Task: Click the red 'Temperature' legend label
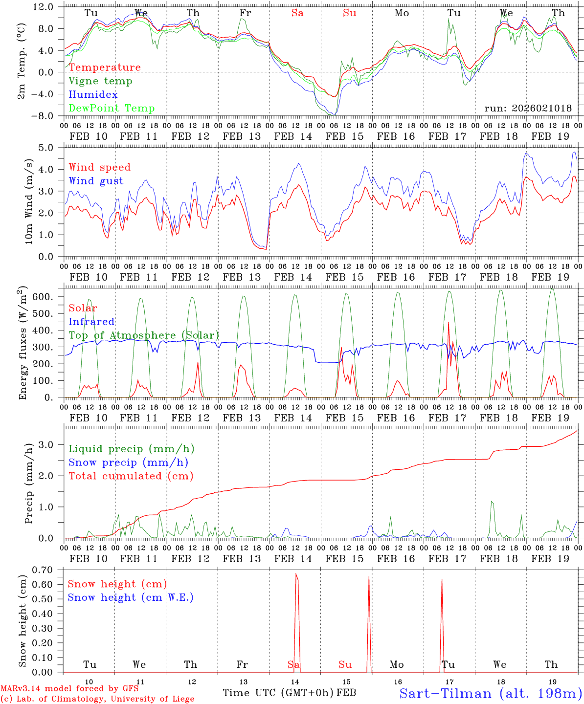(105, 67)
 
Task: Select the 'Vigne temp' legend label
(100, 81)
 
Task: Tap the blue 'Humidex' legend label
(93, 95)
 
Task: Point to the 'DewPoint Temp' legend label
(112, 109)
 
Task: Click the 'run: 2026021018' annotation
(528, 109)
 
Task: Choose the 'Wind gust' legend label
(96, 181)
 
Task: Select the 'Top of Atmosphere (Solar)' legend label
(144, 335)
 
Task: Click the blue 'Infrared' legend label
(91, 322)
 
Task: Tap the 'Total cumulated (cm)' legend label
(131, 476)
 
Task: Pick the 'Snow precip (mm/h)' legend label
(128, 462)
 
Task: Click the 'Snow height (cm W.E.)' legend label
(131, 597)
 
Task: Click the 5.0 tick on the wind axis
(47, 148)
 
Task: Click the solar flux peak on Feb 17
(449, 322)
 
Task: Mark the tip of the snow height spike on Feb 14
(296, 574)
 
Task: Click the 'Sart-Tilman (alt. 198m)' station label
(491, 693)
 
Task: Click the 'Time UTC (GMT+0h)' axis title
(278, 693)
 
